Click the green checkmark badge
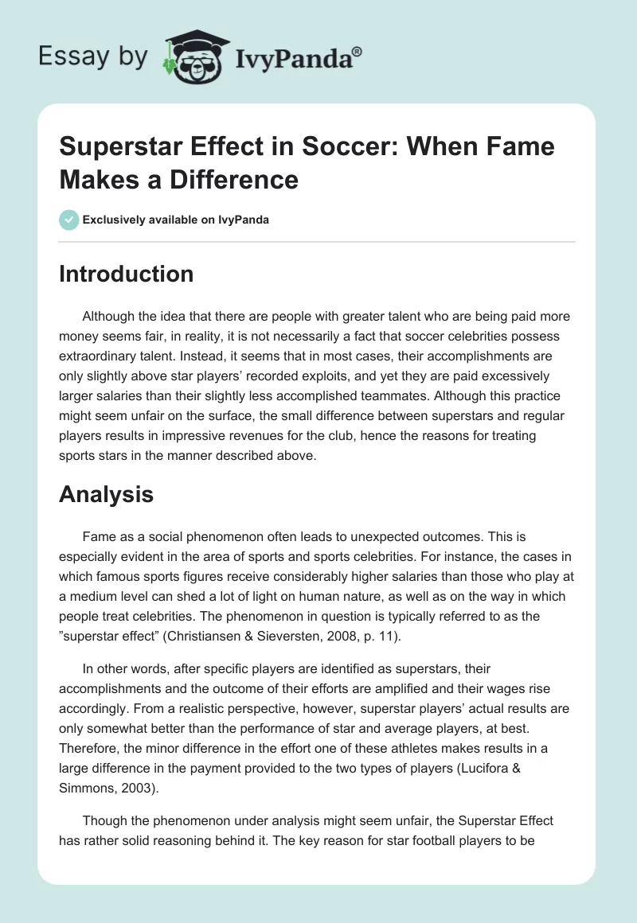click(x=69, y=220)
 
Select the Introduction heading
click(x=126, y=274)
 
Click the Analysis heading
click(x=106, y=494)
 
